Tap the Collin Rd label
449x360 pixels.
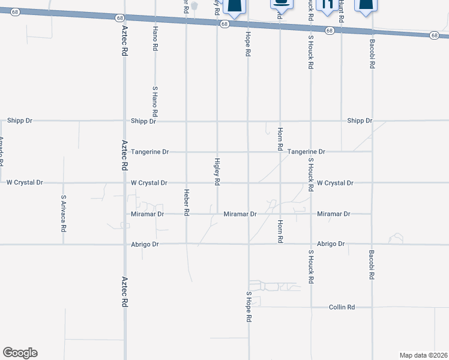(342, 307)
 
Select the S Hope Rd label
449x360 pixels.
(248, 307)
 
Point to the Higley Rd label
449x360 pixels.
(217, 171)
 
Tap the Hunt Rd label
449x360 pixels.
(341, 11)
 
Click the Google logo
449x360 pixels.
(20, 353)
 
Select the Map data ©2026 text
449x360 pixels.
(423, 355)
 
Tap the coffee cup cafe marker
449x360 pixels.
(280, 4)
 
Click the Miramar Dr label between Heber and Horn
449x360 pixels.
(240, 214)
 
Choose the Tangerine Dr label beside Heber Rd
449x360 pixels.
(150, 152)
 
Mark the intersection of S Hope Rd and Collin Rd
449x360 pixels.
(249, 307)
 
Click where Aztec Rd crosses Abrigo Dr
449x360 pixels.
(124, 244)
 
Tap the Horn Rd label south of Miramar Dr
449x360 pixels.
(280, 231)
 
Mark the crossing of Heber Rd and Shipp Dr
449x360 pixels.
(186, 121)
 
